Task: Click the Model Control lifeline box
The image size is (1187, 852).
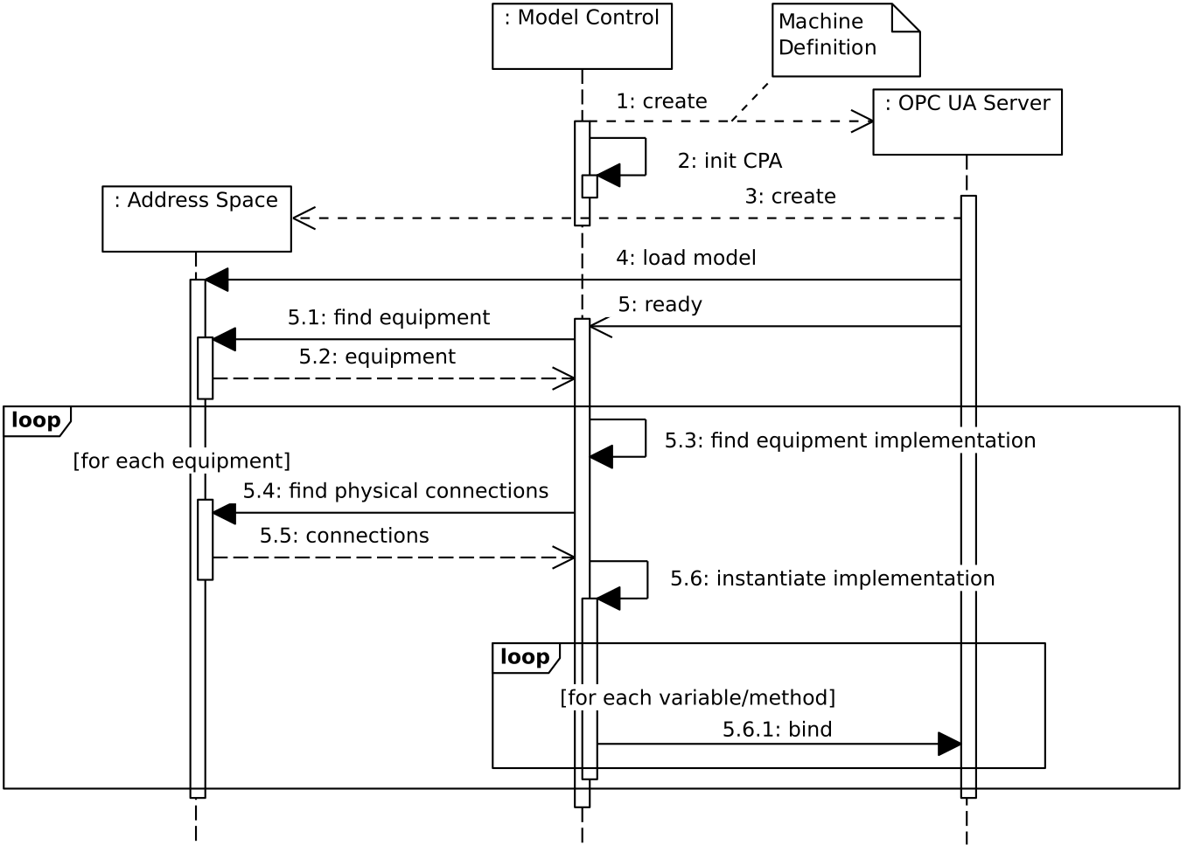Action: pos(582,36)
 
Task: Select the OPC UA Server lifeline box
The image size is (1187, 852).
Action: pos(967,121)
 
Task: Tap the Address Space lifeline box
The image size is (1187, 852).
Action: pos(196,218)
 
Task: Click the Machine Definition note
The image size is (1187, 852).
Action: pos(845,39)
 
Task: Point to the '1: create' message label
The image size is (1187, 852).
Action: pos(661,101)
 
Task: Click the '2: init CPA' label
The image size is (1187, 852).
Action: pos(730,161)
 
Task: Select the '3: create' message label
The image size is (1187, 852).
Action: pos(790,197)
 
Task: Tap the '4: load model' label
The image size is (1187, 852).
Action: pos(686,258)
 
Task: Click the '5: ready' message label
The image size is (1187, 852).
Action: pos(660,304)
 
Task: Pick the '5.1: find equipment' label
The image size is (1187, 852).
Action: pos(388,317)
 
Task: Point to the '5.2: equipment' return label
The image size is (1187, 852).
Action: pos(377,357)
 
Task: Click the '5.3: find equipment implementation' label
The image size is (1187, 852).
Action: pos(849,440)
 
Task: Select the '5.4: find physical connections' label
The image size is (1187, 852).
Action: pos(395,491)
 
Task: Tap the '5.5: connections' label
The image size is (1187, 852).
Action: pos(344,536)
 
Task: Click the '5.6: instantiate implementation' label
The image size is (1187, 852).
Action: pos(832,578)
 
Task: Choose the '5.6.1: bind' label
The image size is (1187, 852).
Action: pos(777,730)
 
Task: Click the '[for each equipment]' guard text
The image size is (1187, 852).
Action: pos(181,461)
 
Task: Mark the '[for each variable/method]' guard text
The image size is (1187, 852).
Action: pos(697,697)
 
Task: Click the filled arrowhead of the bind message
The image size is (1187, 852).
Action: pos(950,745)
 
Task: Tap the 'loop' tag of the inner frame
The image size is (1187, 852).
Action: pos(525,657)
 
